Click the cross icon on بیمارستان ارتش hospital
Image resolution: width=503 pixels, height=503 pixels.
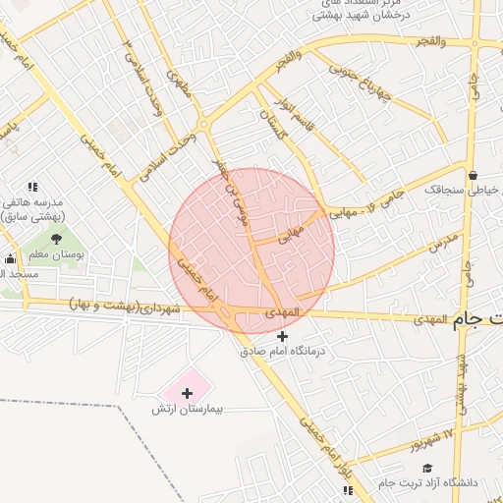pyautogui.click(x=187, y=392)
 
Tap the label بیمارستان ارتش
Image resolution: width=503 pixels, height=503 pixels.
pyautogui.click(x=187, y=408)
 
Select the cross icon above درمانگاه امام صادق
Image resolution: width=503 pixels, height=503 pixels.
pyautogui.click(x=284, y=336)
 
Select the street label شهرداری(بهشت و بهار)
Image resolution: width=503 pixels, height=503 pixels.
pyautogui.click(x=127, y=307)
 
